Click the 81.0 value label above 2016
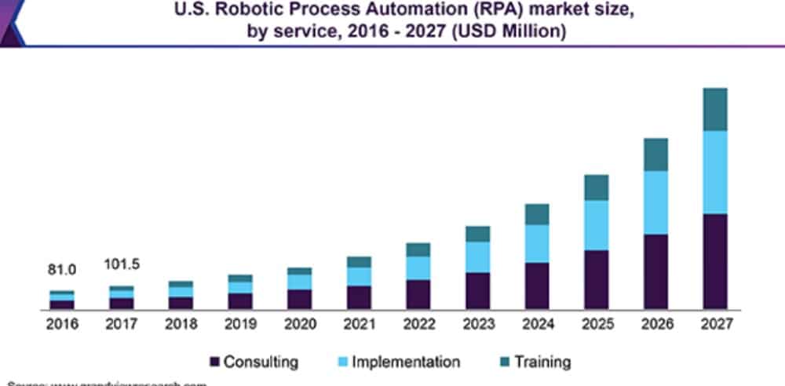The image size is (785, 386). point(62,270)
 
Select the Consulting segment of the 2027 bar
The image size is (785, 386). point(715,260)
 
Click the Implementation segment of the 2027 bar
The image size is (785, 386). point(715,172)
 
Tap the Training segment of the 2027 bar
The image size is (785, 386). point(715,109)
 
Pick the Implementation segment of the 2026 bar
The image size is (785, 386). point(655,202)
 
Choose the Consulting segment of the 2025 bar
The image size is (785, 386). point(596,279)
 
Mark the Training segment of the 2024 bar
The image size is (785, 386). point(537,214)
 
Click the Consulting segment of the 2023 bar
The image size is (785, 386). point(477,290)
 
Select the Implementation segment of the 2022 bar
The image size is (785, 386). point(418,268)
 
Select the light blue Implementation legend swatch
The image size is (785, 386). point(342,362)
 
